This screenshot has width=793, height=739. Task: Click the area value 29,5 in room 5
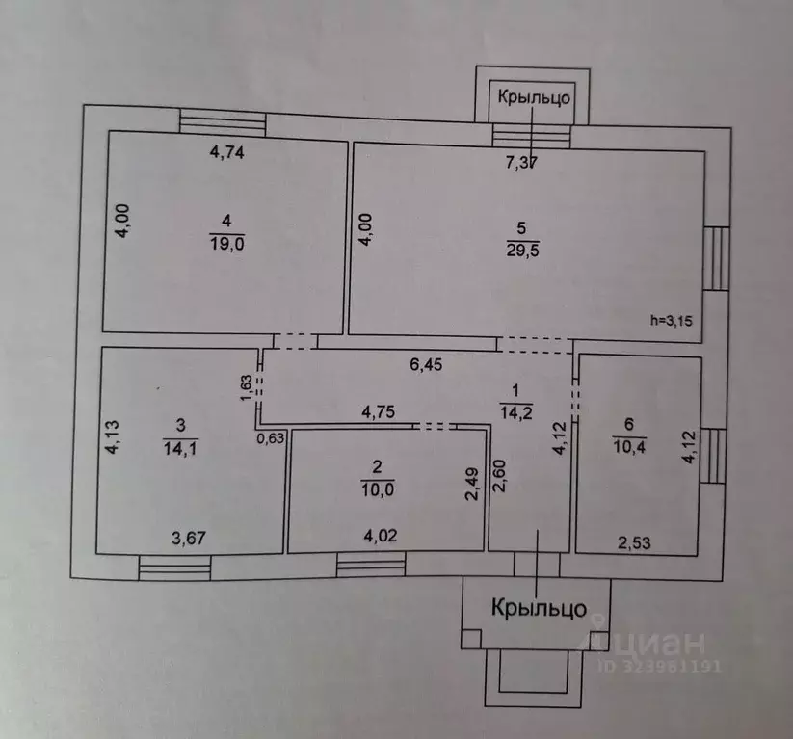522,250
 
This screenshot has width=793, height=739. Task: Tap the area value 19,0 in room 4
227,244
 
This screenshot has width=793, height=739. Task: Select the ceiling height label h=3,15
672,320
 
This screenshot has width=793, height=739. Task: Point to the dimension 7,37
522,162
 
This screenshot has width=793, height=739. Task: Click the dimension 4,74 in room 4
227,151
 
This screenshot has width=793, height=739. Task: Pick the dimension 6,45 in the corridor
426,364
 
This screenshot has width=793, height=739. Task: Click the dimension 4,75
379,411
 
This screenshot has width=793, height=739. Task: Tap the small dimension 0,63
271,438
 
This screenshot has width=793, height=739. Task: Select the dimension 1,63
246,387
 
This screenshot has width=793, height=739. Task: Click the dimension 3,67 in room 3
189,538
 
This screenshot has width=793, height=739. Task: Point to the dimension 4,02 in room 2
381,535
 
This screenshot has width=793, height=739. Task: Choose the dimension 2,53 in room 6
634,542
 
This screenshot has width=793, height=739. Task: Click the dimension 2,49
472,484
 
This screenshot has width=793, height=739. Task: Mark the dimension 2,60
499,475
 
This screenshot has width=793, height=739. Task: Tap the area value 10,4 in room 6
629,447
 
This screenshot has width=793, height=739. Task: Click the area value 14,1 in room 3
180,448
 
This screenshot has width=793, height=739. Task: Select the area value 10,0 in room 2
378,489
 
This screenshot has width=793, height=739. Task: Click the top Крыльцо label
534,96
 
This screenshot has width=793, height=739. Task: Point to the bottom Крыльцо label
540,608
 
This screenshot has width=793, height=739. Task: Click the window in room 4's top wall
223,123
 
